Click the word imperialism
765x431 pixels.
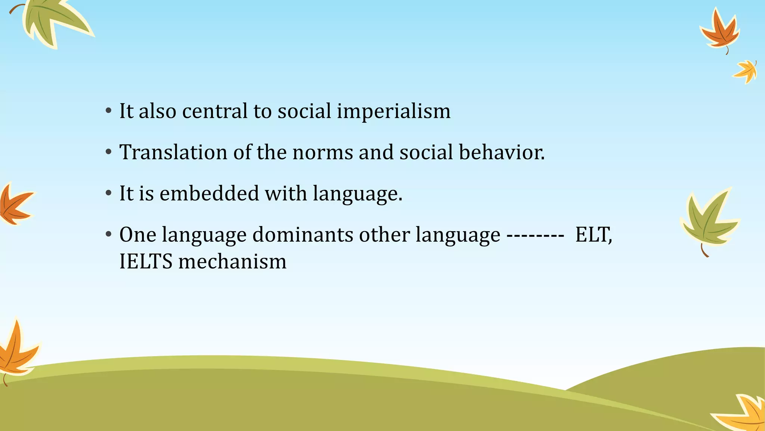394,111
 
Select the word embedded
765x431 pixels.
209,194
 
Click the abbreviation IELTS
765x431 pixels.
146,262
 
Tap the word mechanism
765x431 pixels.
232,262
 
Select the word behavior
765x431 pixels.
502,153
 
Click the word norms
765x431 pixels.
323,153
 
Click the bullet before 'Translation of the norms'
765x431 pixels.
108,152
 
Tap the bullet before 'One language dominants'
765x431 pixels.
108,235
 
